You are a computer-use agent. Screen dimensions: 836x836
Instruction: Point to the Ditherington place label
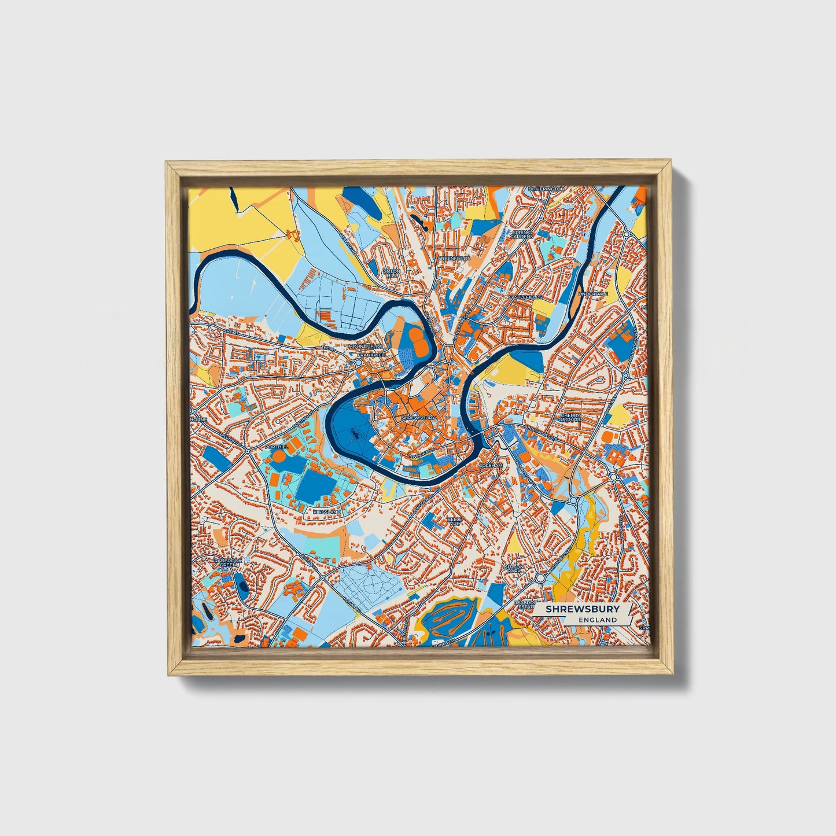pyautogui.click(x=546, y=189)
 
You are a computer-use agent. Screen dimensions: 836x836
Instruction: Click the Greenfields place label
pyautogui.click(x=454, y=258)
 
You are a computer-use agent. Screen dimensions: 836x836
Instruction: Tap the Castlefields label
pyautogui.click(x=525, y=297)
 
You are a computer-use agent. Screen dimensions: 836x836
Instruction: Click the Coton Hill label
pyautogui.click(x=392, y=273)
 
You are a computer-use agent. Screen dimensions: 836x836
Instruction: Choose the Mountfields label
pyautogui.click(x=365, y=347)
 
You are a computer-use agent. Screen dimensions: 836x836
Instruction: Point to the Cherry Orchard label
pyautogui.click(x=571, y=417)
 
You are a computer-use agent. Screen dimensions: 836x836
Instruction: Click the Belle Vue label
pyautogui.click(x=454, y=521)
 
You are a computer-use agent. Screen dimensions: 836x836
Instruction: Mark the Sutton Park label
pyautogui.click(x=513, y=569)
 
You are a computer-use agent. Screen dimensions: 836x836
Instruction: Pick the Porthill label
pyautogui.click(x=275, y=447)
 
